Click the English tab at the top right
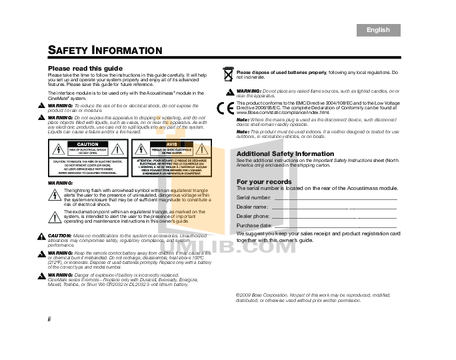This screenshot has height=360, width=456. [x=378, y=30]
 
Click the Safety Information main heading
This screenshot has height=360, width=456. [x=105, y=51]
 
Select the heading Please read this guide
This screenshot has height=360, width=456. [x=85, y=69]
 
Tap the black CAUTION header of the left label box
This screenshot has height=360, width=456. [x=88, y=145]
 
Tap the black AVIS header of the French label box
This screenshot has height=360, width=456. [x=171, y=145]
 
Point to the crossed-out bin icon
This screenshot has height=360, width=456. [x=228, y=74]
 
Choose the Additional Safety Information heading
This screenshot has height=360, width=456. [x=285, y=154]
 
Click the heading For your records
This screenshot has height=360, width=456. [x=264, y=182]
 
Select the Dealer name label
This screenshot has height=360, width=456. [x=252, y=207]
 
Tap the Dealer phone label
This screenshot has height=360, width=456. [x=253, y=217]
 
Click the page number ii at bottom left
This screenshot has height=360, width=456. [x=49, y=319]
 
